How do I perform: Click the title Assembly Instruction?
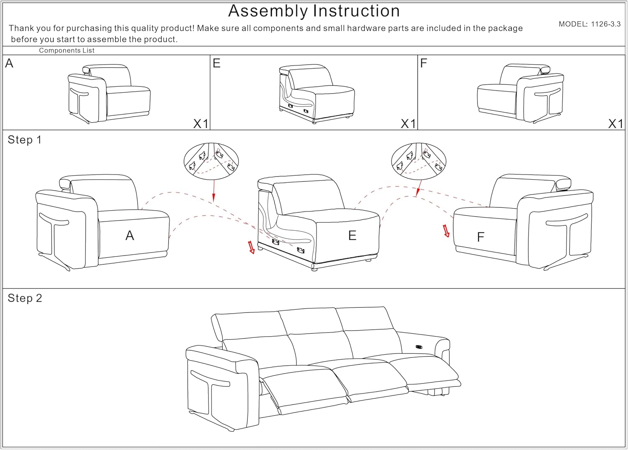pyautogui.click(x=314, y=11)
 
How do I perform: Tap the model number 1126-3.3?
pyautogui.click(x=605, y=24)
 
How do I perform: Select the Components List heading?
pyautogui.click(x=67, y=51)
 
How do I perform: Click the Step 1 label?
pyautogui.click(x=25, y=140)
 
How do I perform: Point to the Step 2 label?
pyautogui.click(x=25, y=298)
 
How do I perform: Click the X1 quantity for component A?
pyautogui.click(x=201, y=123)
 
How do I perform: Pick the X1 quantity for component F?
pyautogui.click(x=615, y=123)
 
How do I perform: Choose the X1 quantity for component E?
pyautogui.click(x=408, y=123)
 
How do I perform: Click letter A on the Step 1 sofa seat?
pyautogui.click(x=130, y=236)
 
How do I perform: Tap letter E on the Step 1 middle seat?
pyautogui.click(x=352, y=236)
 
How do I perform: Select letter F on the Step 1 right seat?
pyautogui.click(x=481, y=237)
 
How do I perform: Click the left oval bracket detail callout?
pyautogui.click(x=211, y=161)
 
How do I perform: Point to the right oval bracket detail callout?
pyautogui.click(x=418, y=161)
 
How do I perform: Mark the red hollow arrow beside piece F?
pyautogui.click(x=446, y=231)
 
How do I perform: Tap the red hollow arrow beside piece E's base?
pyautogui.click(x=251, y=247)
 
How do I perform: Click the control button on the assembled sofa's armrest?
pyautogui.click(x=419, y=347)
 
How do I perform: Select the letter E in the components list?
pyautogui.click(x=216, y=63)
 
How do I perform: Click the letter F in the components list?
pyautogui.click(x=424, y=63)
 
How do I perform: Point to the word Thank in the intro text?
pyautogui.click(x=20, y=28)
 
